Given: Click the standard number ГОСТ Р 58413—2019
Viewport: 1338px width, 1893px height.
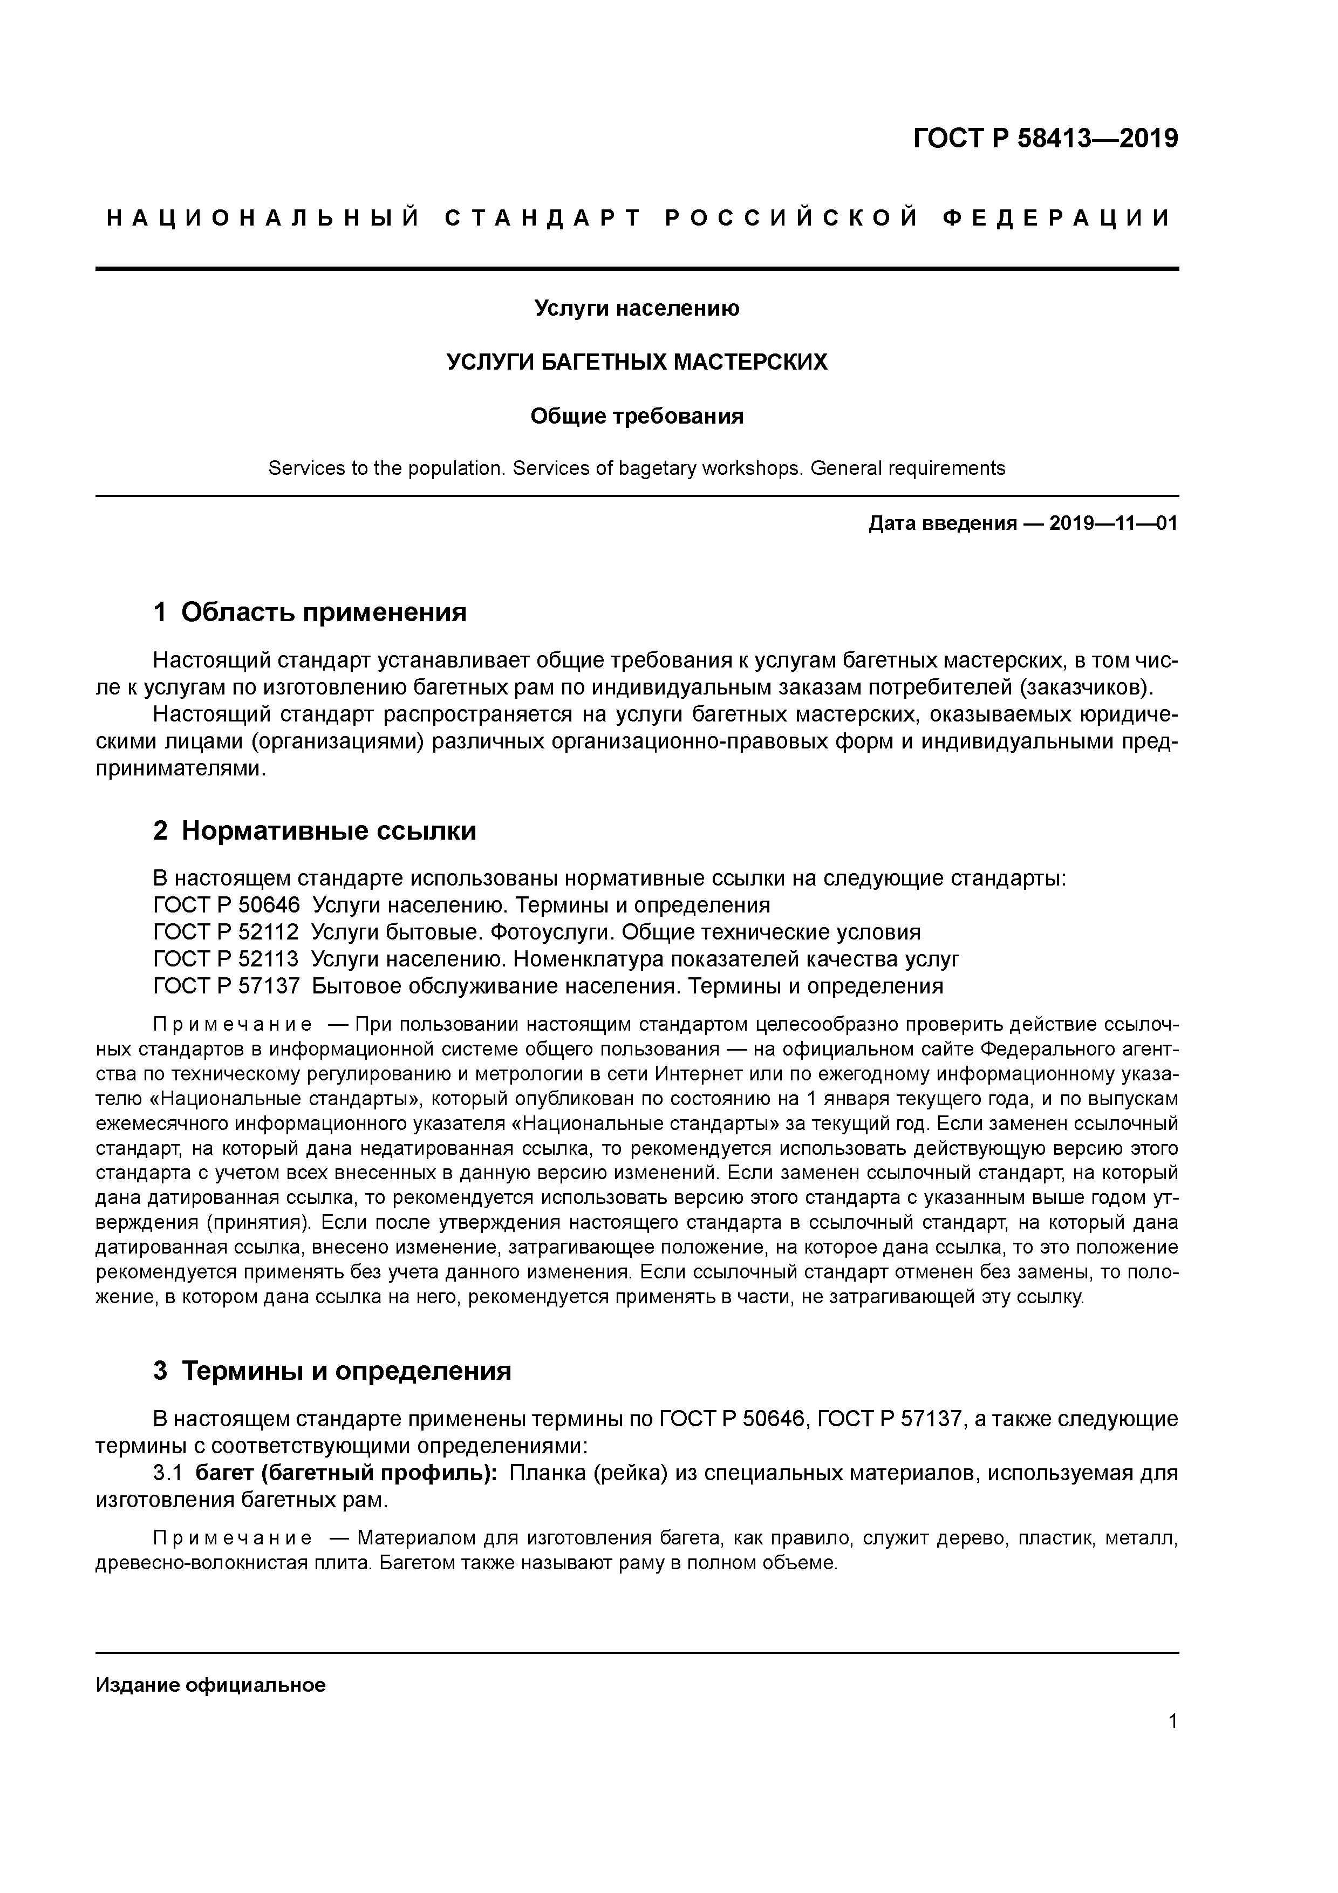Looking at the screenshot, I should (1046, 139).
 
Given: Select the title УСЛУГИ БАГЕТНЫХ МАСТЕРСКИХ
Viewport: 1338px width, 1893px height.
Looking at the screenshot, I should (637, 362).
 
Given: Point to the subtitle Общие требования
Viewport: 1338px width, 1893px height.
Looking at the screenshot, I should (637, 417).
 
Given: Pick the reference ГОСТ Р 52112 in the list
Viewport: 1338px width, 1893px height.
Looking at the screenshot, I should (226, 932).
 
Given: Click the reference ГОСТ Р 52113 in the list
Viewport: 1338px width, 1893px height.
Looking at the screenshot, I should (226, 959).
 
